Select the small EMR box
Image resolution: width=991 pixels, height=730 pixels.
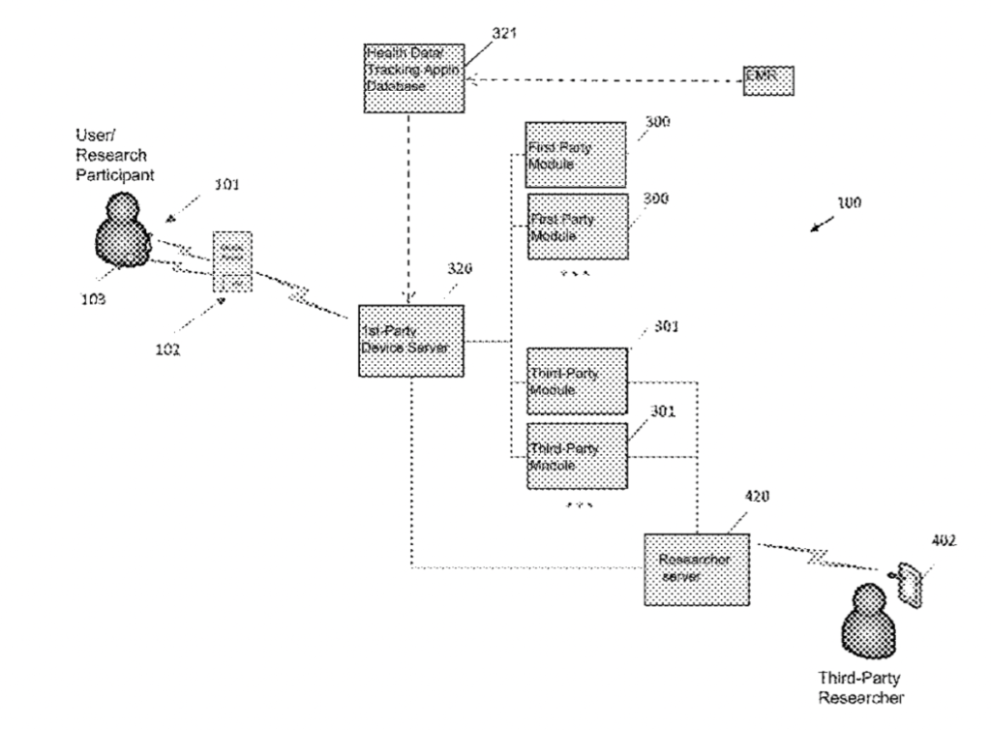(x=768, y=81)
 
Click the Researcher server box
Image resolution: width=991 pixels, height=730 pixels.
(x=697, y=568)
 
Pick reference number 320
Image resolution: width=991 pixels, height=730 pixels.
(x=460, y=272)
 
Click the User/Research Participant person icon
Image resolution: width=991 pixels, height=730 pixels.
(x=124, y=229)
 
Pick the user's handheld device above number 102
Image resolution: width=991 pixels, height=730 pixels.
(x=232, y=261)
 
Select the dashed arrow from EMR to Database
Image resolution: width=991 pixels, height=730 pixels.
(x=600, y=81)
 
